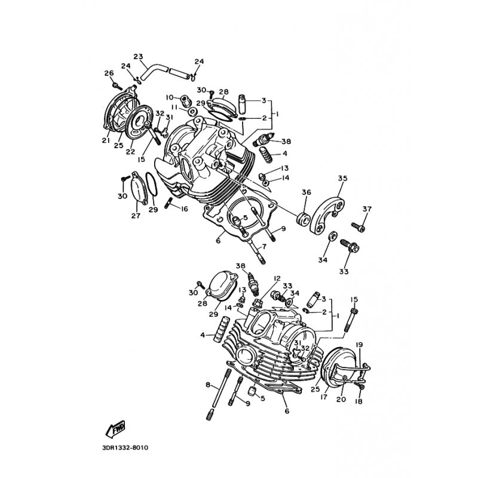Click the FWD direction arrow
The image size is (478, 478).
tap(115, 429)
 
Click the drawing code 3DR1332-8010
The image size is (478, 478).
tap(125, 448)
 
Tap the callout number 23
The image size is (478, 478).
tap(138, 57)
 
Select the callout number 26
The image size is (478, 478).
tap(109, 73)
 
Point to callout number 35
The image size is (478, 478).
tap(342, 178)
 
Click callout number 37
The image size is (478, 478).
tap(367, 209)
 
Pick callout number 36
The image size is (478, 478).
tap(307, 192)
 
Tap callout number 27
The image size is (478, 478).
tap(136, 216)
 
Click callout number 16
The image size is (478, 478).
tap(184, 209)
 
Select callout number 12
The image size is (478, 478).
tap(169, 97)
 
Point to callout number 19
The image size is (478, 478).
tap(360, 345)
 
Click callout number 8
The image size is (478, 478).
tap(208, 385)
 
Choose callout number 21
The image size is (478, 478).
tap(106, 140)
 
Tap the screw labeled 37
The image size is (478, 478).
tap(358, 227)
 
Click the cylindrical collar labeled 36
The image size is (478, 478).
tap(304, 219)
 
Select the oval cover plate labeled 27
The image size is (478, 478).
tap(139, 188)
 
